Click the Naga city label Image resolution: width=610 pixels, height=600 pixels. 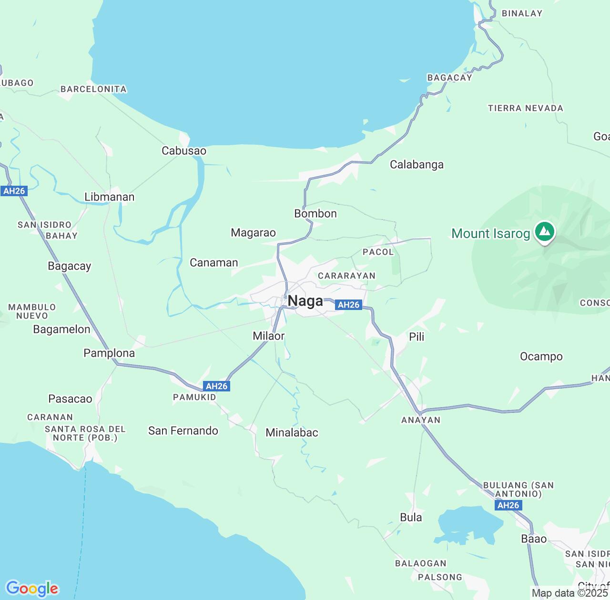coord(305,301)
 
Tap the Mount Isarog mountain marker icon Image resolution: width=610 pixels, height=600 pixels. coord(544,232)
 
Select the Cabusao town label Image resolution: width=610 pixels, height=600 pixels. coord(184,151)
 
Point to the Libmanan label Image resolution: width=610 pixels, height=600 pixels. coord(110,197)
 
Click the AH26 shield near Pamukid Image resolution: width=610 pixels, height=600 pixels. coord(217,386)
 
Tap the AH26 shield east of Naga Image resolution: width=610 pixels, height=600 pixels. coord(348,305)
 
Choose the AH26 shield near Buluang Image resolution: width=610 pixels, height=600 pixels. coord(508,505)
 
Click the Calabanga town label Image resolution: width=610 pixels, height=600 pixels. coord(417,165)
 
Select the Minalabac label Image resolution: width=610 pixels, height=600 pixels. coord(292,433)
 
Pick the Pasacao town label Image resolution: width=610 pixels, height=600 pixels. coord(70,399)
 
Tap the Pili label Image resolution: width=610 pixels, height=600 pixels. coord(417,337)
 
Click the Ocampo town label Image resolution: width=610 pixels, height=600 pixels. coord(541,357)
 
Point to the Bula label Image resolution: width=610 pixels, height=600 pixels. coord(411,518)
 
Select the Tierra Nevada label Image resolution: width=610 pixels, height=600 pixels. coord(525,109)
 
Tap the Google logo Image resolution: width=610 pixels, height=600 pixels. coord(32,589)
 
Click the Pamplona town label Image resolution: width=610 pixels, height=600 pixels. coord(109,353)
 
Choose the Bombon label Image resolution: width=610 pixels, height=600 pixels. coord(315,214)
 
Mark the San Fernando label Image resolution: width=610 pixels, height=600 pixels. coord(183,431)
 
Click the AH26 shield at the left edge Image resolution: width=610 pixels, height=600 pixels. coord(14,191)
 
